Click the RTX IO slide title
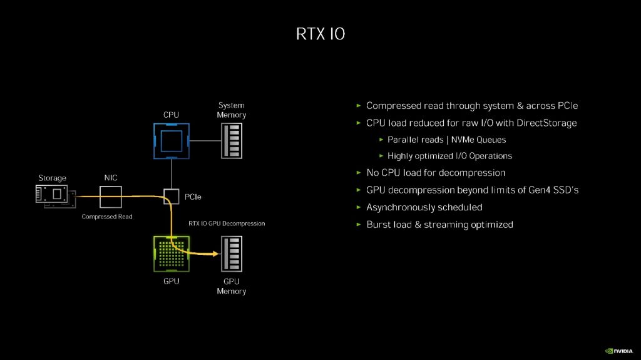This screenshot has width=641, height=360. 320,34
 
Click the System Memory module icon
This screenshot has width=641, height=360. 232,140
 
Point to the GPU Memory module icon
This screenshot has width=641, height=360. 232,254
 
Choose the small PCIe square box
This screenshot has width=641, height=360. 171,197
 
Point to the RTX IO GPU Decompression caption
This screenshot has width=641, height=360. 227,223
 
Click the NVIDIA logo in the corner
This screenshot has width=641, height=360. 619,351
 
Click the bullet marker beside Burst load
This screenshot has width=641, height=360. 358,224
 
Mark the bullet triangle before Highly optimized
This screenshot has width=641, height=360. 381,156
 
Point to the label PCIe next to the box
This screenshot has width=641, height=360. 193,197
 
